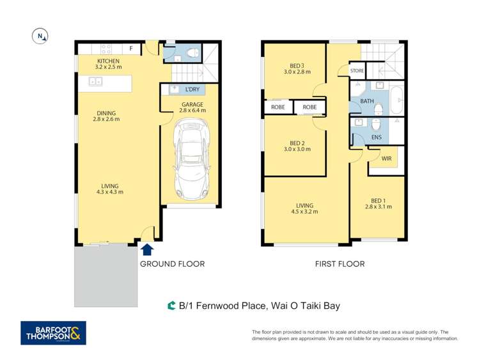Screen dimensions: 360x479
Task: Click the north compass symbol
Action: [x=40, y=36]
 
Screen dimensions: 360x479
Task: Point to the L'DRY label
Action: [x=192, y=90]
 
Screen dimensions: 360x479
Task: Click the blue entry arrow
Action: [x=147, y=250]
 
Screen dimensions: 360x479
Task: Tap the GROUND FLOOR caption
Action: [x=172, y=263]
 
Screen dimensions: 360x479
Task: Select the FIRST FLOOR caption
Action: [x=340, y=263]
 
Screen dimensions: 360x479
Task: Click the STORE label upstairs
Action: [x=357, y=71]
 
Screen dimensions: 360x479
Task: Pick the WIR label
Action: [x=386, y=158]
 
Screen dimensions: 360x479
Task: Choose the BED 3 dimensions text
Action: [x=296, y=72]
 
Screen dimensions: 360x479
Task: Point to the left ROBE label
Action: [x=278, y=107]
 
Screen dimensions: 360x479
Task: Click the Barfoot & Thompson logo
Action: [x=53, y=333]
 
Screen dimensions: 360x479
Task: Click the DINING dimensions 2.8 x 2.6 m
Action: [x=107, y=120]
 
